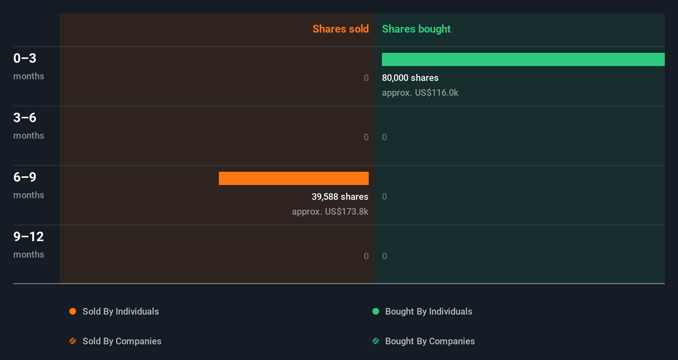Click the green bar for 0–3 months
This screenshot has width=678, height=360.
click(x=523, y=59)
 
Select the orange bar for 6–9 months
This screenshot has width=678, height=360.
click(x=294, y=178)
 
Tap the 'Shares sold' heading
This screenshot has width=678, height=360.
click(x=340, y=29)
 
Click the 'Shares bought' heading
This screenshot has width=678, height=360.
click(x=416, y=29)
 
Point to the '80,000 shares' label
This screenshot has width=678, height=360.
click(x=410, y=78)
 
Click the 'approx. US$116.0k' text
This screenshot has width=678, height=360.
click(x=420, y=92)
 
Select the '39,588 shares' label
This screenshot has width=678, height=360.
click(x=340, y=197)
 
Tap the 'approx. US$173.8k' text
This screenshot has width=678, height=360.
click(x=330, y=211)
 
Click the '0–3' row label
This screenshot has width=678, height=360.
click(x=25, y=58)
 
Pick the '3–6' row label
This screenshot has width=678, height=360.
click(x=25, y=118)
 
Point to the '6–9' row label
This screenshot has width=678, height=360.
click(x=25, y=177)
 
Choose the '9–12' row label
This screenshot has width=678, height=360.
click(x=28, y=237)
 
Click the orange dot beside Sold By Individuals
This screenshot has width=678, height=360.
click(x=73, y=311)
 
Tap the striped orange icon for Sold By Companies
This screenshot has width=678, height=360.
click(x=73, y=341)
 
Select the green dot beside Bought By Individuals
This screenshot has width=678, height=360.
click(x=376, y=311)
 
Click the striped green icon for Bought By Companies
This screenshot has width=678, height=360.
click(x=376, y=341)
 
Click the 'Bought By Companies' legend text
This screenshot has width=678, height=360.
click(x=430, y=341)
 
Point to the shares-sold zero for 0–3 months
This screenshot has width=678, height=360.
click(x=366, y=78)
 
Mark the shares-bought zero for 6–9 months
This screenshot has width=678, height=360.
click(x=384, y=197)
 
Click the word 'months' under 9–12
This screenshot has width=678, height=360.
click(x=28, y=254)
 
